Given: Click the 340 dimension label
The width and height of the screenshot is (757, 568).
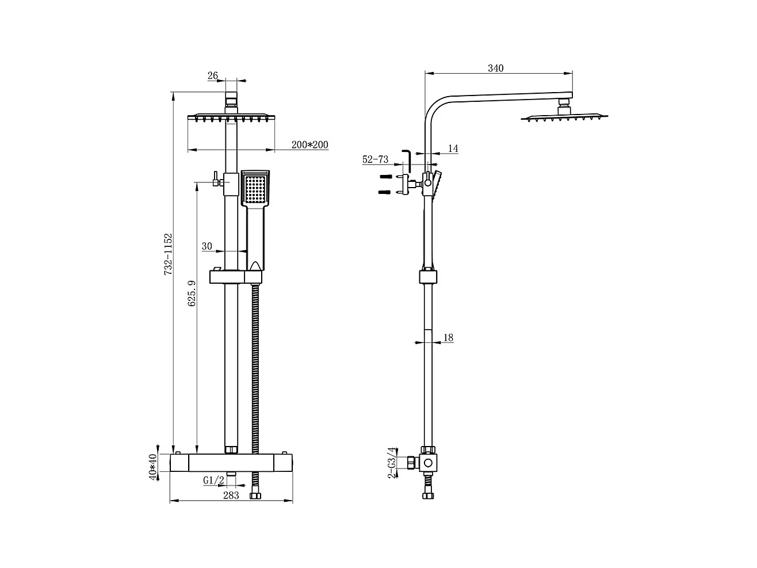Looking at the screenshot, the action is pos(495,68).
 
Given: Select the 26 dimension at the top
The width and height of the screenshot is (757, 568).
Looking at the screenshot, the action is pos(213,75).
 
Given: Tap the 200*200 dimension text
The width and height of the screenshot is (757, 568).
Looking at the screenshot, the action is pos(309,145).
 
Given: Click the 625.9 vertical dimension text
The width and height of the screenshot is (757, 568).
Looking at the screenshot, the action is pos(192,293).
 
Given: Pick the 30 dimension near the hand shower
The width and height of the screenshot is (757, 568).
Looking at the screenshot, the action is pos(207,246).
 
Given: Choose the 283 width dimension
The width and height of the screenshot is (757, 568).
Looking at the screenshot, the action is pos(231,495).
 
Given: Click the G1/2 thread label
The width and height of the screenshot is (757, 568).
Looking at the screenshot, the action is pos(213,480).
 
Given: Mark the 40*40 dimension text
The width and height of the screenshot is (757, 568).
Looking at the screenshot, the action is pos(152,467).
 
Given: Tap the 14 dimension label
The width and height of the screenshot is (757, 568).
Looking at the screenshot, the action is pos(453,148).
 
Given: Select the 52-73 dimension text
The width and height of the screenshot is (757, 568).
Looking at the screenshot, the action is pos(375,160).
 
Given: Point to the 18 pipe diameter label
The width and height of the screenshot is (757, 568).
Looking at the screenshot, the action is pos(448,338).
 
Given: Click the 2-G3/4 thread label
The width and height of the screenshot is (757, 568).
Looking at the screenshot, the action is pos(392,463).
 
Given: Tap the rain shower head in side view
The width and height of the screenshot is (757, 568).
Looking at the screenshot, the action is pos(564,117).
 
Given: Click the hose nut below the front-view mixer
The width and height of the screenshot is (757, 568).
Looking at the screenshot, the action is pos(255,494).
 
